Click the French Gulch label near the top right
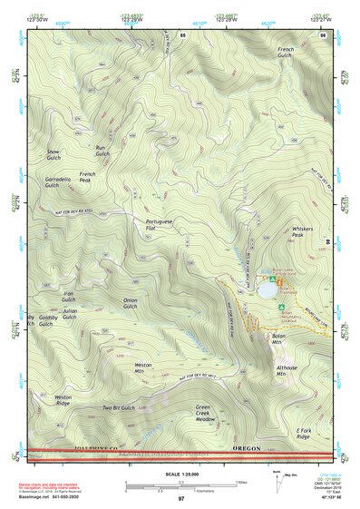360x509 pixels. (286, 53)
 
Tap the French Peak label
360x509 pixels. (87, 177)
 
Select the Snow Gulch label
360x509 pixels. (54, 155)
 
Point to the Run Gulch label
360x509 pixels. (102, 151)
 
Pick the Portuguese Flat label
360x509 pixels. (159, 225)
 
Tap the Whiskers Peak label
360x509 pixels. (302, 233)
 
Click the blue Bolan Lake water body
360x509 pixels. (267, 291)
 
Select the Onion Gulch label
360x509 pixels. (131, 303)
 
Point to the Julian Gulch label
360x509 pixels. (70, 314)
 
